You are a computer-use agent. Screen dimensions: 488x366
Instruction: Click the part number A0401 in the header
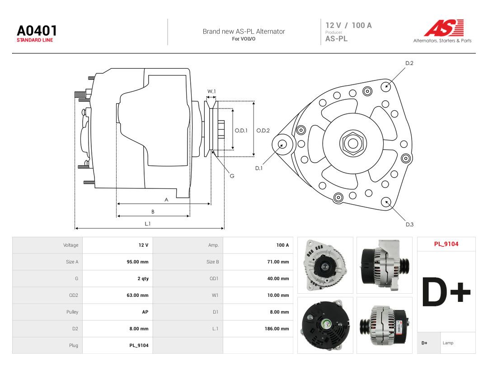(37, 31)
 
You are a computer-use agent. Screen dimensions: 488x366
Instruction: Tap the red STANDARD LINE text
(35, 40)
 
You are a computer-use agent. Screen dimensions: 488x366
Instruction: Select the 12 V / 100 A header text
(348, 25)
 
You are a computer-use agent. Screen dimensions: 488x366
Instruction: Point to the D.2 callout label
(409, 63)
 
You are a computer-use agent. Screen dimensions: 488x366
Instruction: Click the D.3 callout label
(409, 225)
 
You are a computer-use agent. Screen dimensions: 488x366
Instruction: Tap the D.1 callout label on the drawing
(259, 168)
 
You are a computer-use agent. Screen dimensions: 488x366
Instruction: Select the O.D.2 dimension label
(263, 131)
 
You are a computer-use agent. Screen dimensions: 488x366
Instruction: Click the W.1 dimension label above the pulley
(211, 91)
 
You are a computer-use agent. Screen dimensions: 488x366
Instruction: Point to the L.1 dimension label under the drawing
(148, 224)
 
